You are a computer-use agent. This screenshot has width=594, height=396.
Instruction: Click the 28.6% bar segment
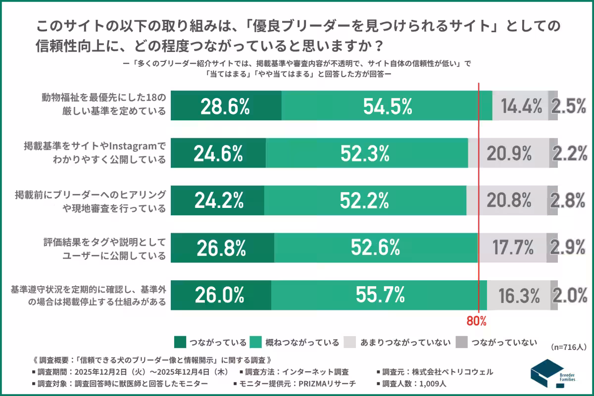tap(226, 106)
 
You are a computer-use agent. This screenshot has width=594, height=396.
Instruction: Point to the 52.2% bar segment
tap(365, 200)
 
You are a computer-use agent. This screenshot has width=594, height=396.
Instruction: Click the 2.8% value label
tap(570, 200)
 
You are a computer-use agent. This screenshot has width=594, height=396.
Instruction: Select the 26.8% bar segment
tap(222, 248)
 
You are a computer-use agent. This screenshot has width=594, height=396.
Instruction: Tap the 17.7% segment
tap(512, 248)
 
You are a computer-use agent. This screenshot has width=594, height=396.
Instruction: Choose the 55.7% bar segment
tap(379, 296)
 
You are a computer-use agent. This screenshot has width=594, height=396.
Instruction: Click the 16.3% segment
tap(519, 296)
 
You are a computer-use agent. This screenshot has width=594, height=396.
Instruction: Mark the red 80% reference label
tap(477, 321)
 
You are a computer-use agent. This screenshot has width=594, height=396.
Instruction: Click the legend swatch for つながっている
tap(180, 342)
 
